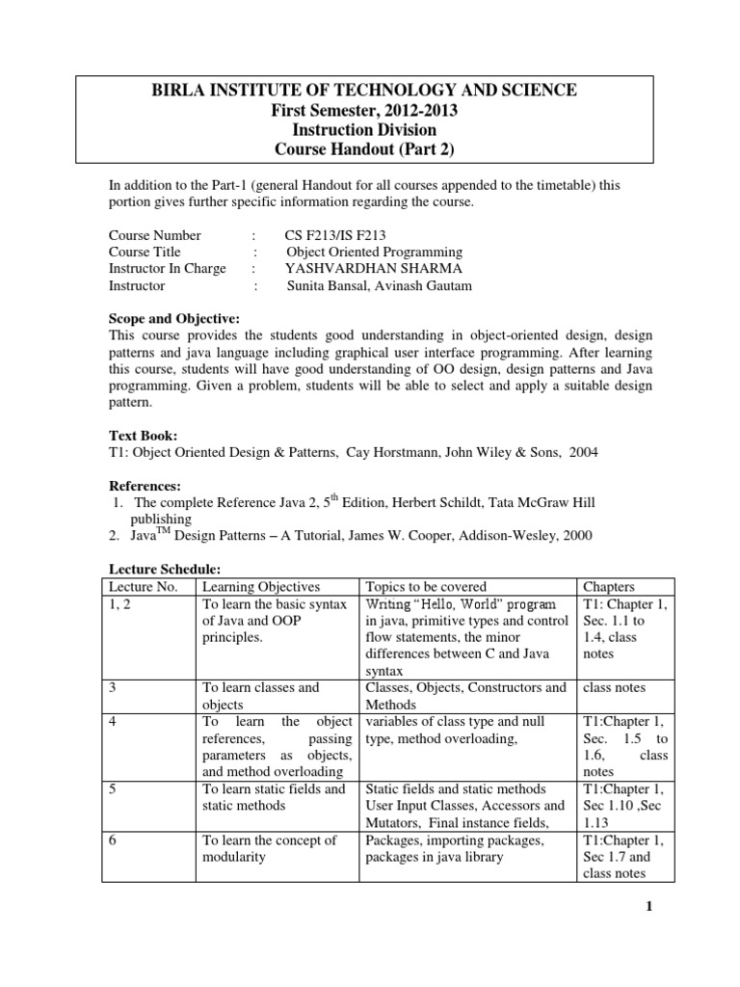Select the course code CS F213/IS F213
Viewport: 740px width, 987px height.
point(338,235)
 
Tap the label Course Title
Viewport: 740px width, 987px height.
point(145,253)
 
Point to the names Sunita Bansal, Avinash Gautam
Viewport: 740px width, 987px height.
point(380,286)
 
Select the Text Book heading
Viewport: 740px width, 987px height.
point(142,436)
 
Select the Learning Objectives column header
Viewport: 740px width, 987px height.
point(260,586)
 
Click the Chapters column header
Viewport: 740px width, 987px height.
point(609,586)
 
